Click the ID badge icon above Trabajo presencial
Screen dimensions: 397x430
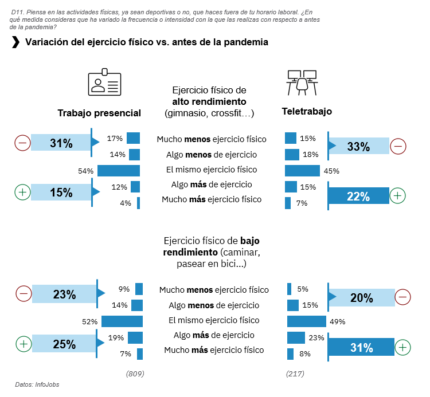104,83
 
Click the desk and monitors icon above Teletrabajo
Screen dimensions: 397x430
302,82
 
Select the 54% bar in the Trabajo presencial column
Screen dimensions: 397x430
119,170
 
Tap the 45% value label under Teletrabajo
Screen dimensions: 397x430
331,171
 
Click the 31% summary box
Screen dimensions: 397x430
61,143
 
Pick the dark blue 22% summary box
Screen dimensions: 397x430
358,196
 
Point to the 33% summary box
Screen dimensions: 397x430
358,147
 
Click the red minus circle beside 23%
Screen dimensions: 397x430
24,294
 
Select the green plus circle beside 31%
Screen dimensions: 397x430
402,347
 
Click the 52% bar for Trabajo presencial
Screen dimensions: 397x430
122,321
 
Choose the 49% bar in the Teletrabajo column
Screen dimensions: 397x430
306,321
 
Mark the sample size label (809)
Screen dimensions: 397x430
135,374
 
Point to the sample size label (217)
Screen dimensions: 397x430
295,374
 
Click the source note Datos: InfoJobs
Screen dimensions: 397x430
37,385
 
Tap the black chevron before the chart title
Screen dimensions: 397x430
15,42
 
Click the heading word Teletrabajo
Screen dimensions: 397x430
307,111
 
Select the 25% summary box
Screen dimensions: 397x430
64,344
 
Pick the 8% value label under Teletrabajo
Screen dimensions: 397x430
305,354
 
